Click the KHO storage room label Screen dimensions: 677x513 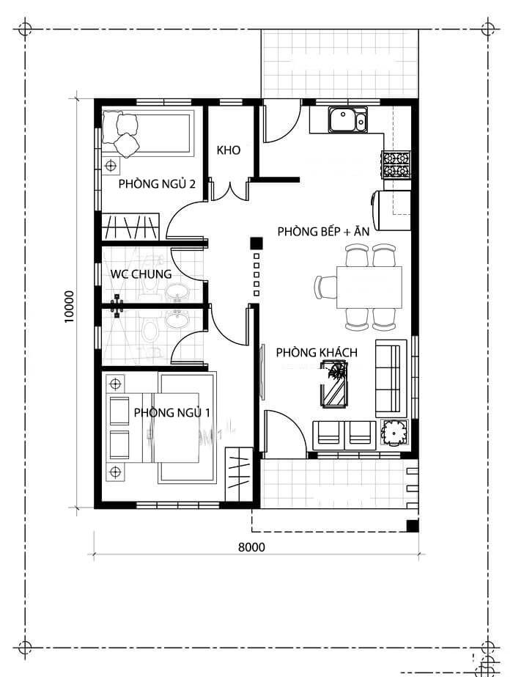coord(229,150)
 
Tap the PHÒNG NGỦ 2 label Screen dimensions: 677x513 coord(157,183)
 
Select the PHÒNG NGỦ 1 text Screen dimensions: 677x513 coord(171,413)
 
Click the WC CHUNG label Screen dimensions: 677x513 coord(141,274)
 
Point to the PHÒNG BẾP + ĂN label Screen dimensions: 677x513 coord(323,231)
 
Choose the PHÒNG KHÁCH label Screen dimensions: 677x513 coord(317,353)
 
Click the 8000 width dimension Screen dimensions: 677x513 coord(251,546)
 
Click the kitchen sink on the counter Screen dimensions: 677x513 coord(347,120)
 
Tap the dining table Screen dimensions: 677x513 coord(369,287)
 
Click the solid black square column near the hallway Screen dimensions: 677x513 coord(256,243)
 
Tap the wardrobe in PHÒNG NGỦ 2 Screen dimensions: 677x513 coord(130,226)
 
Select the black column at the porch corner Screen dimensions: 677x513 coord(413,525)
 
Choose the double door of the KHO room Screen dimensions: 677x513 coord(229,189)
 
